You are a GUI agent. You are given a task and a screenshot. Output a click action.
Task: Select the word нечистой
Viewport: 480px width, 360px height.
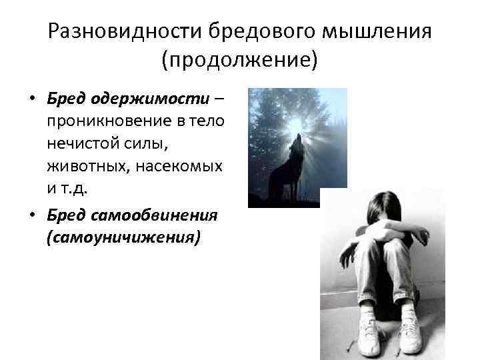click(79, 143)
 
